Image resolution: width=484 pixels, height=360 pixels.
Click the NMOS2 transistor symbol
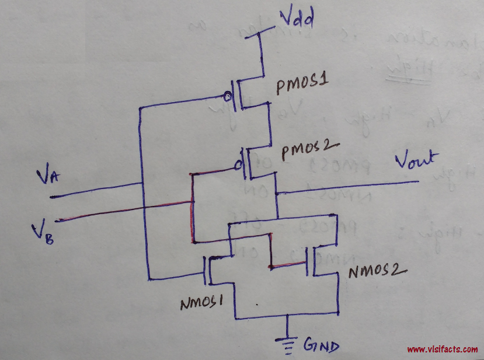coord(312,260)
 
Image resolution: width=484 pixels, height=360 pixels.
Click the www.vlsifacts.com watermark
coord(442,349)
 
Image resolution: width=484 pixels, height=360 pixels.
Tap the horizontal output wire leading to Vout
coord(350,186)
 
